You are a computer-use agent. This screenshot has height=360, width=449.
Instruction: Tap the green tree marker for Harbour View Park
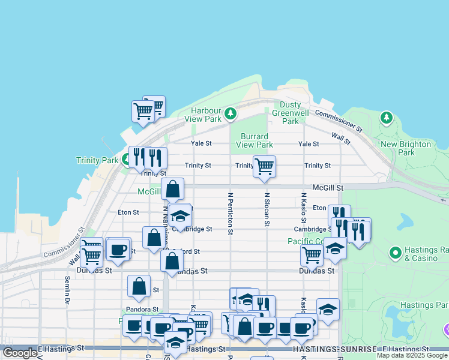(230, 113)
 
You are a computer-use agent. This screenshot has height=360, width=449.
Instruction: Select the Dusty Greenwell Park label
(291, 112)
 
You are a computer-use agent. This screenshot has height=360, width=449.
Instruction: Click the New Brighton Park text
(406, 148)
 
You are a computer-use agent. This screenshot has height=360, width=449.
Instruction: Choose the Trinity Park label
(97, 160)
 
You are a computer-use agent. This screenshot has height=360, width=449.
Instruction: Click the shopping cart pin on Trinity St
(264, 166)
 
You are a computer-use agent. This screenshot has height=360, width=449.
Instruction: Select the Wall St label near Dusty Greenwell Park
(340, 139)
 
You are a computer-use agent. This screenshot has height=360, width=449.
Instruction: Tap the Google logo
(20, 353)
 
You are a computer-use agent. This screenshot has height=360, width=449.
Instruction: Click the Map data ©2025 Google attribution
(412, 355)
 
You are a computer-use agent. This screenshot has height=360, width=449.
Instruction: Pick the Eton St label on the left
(128, 212)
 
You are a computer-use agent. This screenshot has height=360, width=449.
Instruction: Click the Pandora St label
(142, 310)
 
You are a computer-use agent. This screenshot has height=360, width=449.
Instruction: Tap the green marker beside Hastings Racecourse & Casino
(395, 253)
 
